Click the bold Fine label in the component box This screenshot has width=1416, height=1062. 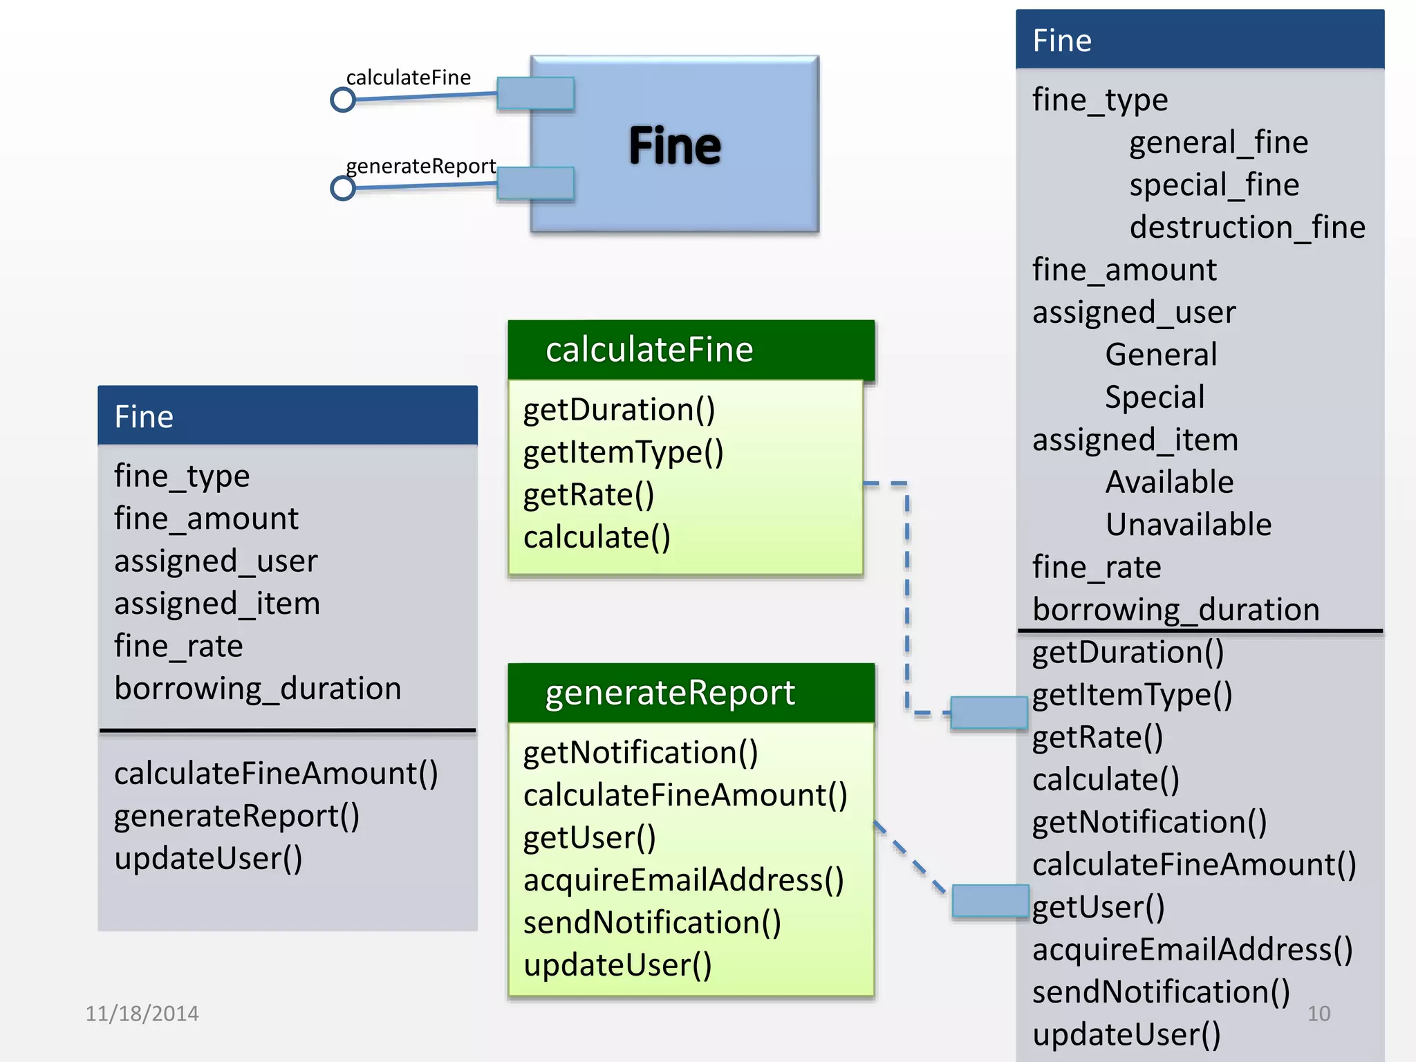point(674,146)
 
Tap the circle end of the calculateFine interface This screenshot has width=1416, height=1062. point(343,100)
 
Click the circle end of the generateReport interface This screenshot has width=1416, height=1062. point(343,188)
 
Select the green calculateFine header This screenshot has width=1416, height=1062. point(691,350)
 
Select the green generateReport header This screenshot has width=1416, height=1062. point(691,693)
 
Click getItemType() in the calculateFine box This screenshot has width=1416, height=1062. point(623,453)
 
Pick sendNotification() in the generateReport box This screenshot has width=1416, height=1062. point(652,923)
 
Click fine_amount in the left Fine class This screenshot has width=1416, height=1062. point(206,519)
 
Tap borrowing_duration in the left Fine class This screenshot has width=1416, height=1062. point(257,689)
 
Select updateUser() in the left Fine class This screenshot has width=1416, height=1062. point(208,859)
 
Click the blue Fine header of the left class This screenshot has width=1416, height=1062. point(288,416)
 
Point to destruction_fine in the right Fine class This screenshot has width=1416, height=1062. point(1247,227)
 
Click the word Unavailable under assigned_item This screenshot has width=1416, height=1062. point(1188,525)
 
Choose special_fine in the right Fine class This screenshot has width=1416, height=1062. point(1214,185)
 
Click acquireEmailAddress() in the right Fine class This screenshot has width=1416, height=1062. point(1192,950)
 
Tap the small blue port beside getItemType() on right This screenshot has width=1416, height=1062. point(989,712)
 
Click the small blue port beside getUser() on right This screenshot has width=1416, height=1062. point(990,901)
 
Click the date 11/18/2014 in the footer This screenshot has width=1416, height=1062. point(142,1014)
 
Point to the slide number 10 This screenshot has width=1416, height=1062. point(1318,1014)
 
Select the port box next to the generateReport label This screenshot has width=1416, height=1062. point(535,183)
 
